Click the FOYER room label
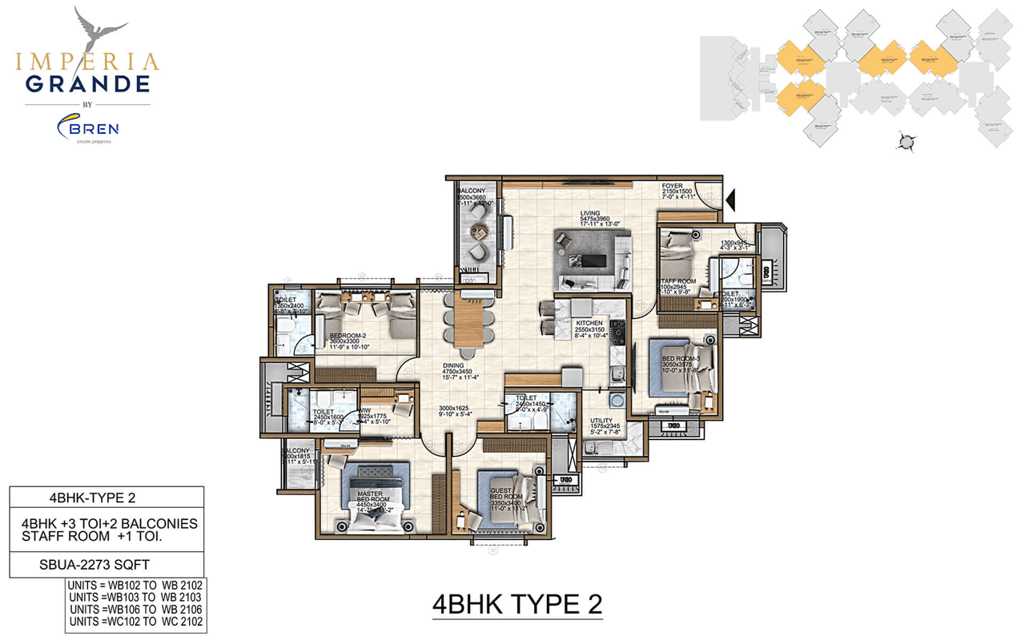point(671,187)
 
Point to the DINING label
point(454,365)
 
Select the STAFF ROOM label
point(677,281)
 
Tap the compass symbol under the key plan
point(907,143)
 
